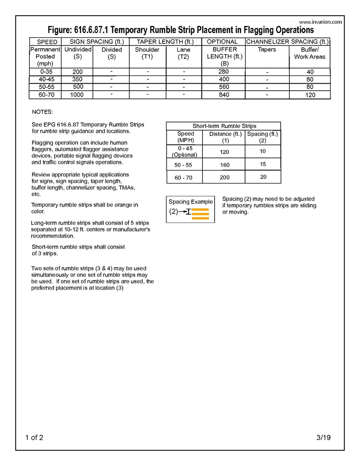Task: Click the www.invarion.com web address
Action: click(321, 22)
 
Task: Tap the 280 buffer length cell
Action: click(223, 72)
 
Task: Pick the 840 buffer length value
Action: click(223, 95)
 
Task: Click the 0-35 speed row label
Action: click(45, 72)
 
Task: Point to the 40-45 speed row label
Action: click(45, 79)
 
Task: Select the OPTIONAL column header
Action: click(222, 42)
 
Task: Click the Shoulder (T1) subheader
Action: click(147, 53)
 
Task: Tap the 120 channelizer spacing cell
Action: click(310, 95)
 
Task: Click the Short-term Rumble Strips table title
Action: click(224, 126)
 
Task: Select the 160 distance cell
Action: click(225, 165)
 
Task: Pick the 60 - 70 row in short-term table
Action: click(184, 177)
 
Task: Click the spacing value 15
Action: click(263, 164)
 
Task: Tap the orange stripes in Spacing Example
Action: click(200, 214)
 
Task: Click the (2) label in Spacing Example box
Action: click(173, 212)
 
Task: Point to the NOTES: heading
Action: click(42, 112)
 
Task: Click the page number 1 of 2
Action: click(34, 437)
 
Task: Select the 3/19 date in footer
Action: click(323, 437)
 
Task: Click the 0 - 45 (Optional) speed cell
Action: click(184, 151)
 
